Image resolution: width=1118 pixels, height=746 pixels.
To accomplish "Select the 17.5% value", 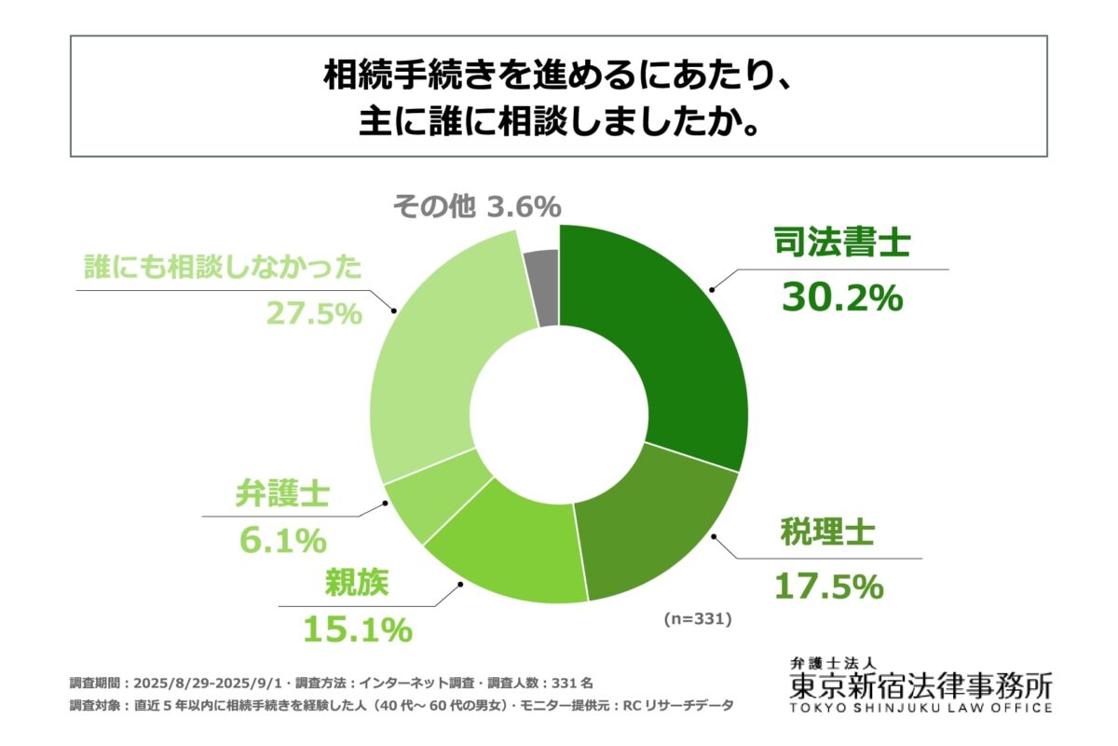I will (x=828, y=586).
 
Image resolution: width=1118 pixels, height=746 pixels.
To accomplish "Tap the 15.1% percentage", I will (x=357, y=629).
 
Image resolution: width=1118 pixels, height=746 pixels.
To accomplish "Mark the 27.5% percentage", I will (x=313, y=314).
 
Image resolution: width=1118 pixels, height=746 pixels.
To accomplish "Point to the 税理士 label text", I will (x=827, y=535).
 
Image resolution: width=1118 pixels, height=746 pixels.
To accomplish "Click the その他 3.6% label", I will (x=476, y=204).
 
